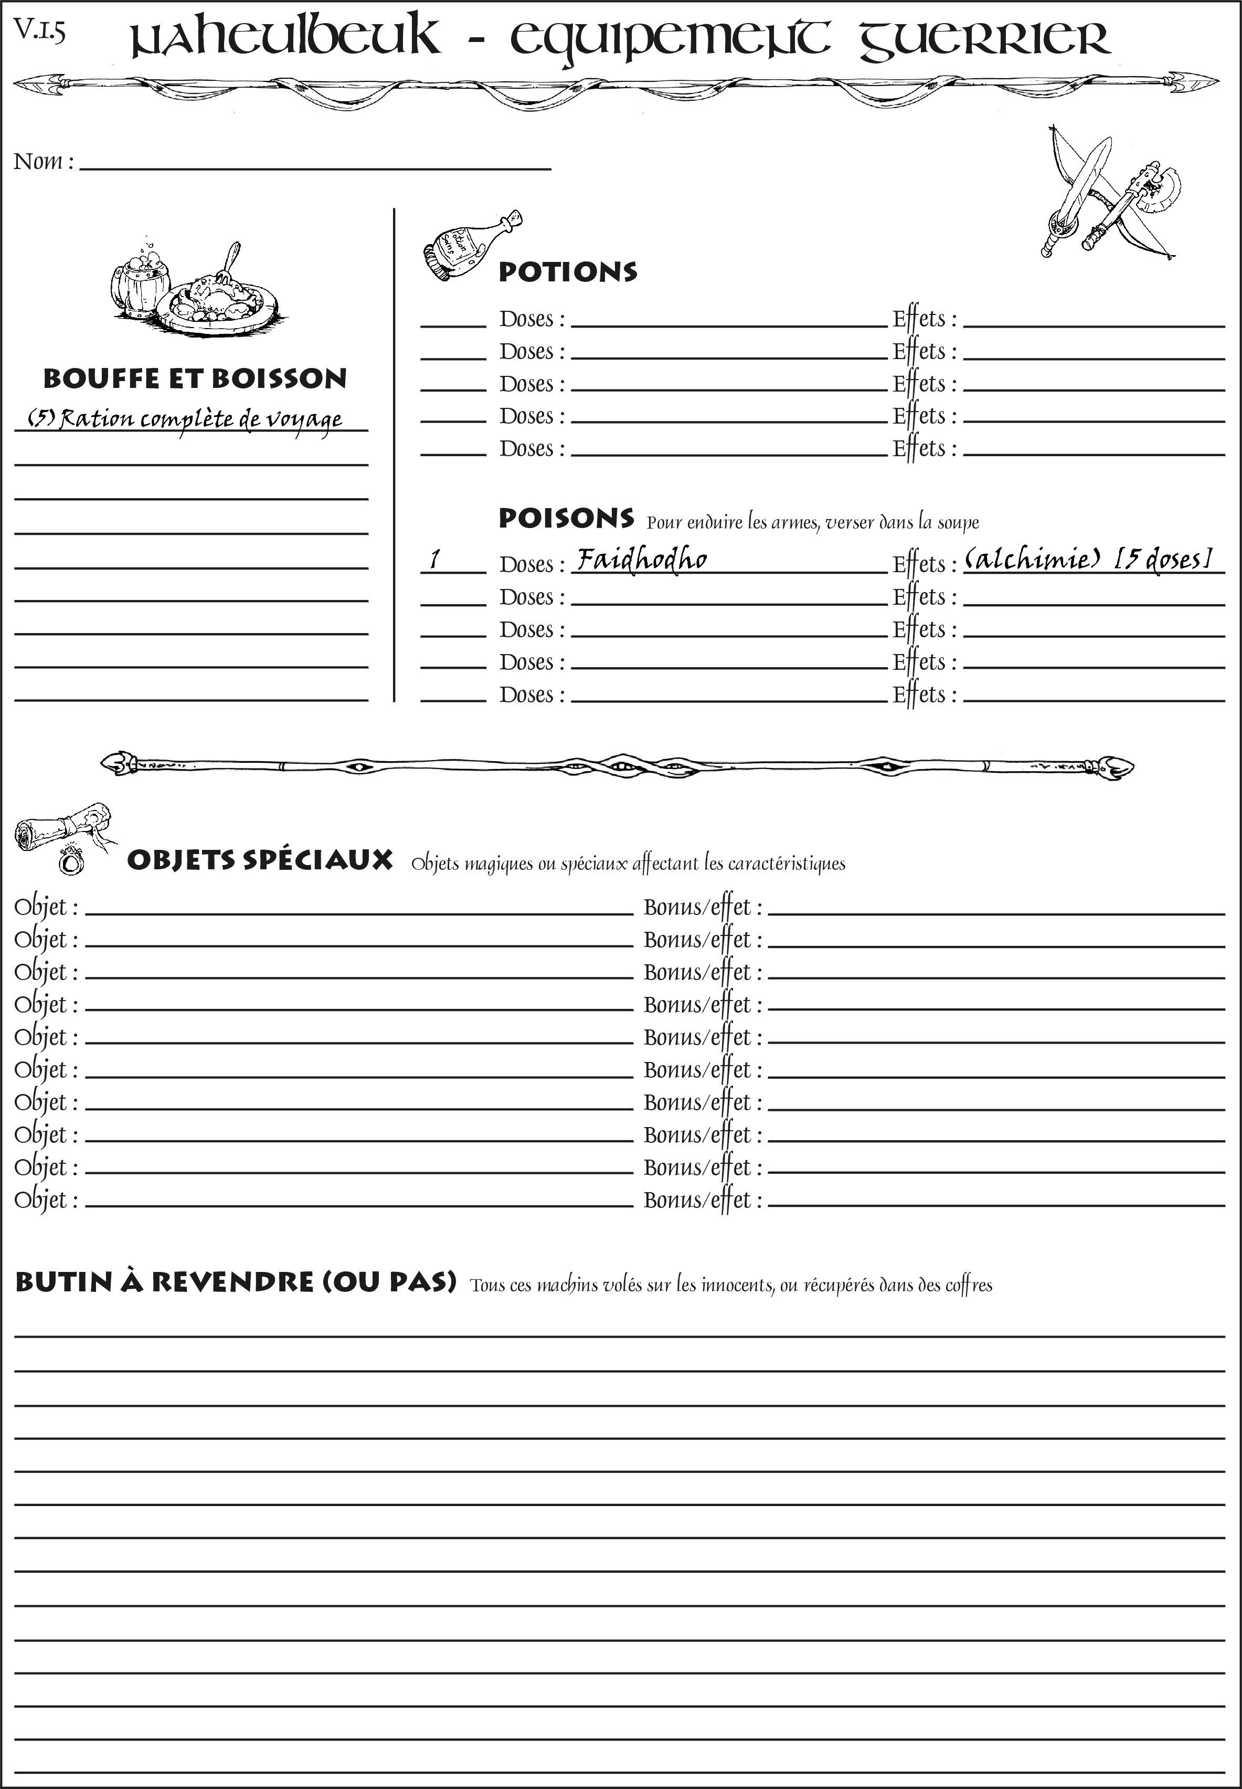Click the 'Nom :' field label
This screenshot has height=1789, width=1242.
tap(44, 162)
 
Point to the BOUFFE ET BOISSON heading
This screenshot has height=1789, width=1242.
tap(195, 379)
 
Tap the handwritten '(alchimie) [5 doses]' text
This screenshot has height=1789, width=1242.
tap(1088, 559)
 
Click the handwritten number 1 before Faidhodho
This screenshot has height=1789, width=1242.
tap(435, 559)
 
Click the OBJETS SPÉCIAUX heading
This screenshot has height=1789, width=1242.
tap(259, 861)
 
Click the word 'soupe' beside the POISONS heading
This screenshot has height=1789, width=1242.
tap(958, 523)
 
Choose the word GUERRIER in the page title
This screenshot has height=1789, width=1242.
tap(984, 39)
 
